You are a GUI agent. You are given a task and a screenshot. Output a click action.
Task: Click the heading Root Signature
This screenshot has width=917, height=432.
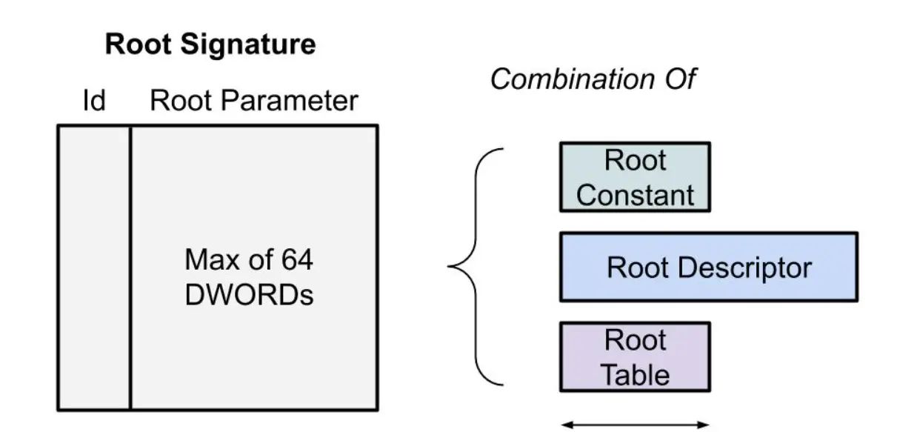click(x=210, y=45)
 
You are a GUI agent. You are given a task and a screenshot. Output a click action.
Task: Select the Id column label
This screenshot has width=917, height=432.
click(x=93, y=101)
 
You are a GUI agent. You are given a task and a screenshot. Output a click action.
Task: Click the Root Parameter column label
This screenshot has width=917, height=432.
click(x=254, y=101)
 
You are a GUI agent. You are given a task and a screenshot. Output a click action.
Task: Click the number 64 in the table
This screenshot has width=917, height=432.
click(x=296, y=260)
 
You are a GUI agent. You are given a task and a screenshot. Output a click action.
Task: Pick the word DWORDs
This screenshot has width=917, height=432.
click(x=249, y=295)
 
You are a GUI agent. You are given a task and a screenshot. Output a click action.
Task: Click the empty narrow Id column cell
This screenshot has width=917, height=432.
click(x=95, y=267)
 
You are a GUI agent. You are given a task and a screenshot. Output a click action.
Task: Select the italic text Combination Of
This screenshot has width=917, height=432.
click(x=593, y=79)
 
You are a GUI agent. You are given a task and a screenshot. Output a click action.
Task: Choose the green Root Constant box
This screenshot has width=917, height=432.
click(x=635, y=177)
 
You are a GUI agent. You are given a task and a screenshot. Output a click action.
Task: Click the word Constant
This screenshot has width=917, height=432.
click(x=635, y=195)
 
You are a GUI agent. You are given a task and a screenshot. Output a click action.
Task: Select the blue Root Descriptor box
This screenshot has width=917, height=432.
click(x=708, y=267)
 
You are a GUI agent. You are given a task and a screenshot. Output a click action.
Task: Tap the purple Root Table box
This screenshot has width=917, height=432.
click(x=635, y=356)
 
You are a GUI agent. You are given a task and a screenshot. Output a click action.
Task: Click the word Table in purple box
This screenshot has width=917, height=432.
click(x=635, y=374)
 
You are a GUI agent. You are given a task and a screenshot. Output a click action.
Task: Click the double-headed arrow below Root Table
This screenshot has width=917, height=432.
click(x=635, y=425)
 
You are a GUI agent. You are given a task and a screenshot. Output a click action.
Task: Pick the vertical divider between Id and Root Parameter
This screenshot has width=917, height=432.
click(x=130, y=267)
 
